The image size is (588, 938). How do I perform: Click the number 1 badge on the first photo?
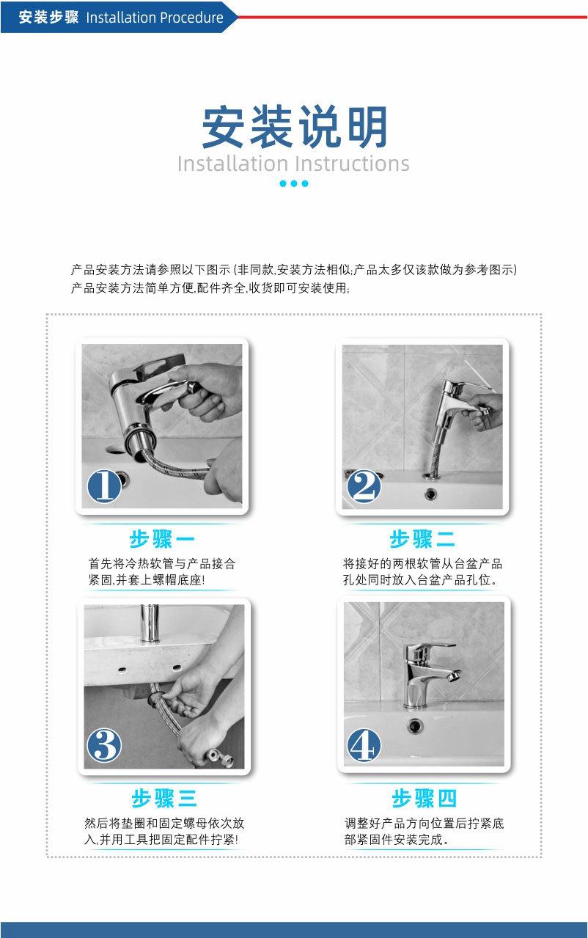104,486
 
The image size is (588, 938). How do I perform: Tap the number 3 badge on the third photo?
104,746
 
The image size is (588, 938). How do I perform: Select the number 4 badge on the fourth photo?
364,746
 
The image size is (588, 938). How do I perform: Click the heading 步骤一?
162,540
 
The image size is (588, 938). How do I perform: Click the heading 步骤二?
422,540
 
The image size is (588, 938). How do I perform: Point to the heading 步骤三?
164,798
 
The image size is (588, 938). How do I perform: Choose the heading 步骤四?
424,798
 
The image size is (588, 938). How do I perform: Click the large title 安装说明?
294,128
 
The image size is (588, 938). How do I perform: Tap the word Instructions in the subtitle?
352,163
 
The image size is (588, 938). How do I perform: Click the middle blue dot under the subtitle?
294,183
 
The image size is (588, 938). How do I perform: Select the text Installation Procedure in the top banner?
155,18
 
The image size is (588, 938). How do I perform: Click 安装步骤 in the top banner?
48,18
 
